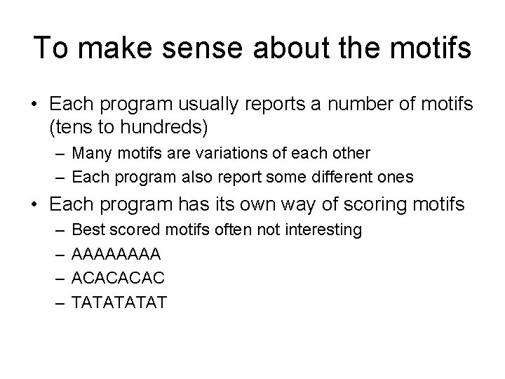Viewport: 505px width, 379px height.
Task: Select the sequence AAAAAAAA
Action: (x=116, y=253)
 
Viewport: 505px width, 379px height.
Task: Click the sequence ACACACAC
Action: (x=119, y=277)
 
